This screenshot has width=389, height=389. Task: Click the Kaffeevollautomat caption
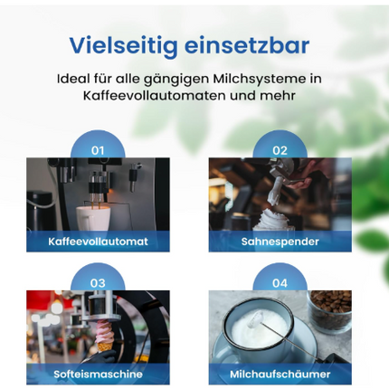98,242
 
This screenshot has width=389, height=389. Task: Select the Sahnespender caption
280,242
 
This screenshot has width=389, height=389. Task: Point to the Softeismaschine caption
98,374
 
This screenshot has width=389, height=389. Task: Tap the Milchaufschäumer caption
280,374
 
